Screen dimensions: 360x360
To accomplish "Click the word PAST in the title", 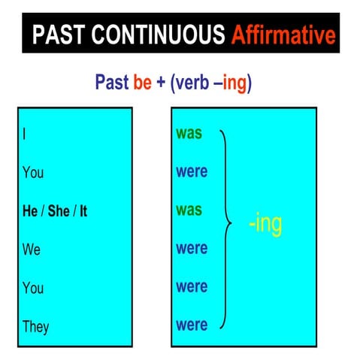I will pyautogui.click(x=60, y=35).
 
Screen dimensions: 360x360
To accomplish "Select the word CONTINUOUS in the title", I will pyautogui.click(x=158, y=35).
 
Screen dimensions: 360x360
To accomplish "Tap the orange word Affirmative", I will pyautogui.click(x=283, y=35).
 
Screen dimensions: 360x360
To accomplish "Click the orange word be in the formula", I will pyautogui.click(x=143, y=82).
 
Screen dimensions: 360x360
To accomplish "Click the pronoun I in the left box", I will pyautogui.click(x=25, y=135).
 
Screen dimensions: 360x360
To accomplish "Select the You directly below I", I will pyautogui.click(x=33, y=173).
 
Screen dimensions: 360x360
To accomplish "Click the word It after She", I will pyautogui.click(x=83, y=211).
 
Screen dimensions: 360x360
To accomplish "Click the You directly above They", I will pyautogui.click(x=33, y=288).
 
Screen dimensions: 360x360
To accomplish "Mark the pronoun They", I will pyautogui.click(x=35, y=326).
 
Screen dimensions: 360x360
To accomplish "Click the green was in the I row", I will pyautogui.click(x=189, y=134).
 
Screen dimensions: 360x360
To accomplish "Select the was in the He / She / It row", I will pyautogui.click(x=189, y=210).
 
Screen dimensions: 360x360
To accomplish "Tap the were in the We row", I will pyautogui.click(x=192, y=249).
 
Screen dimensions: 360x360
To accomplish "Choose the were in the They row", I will pyautogui.click(x=192, y=325).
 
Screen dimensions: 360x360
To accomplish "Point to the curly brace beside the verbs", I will pyautogui.click(x=225, y=225).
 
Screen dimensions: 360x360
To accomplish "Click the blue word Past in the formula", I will pyautogui.click(x=112, y=82).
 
